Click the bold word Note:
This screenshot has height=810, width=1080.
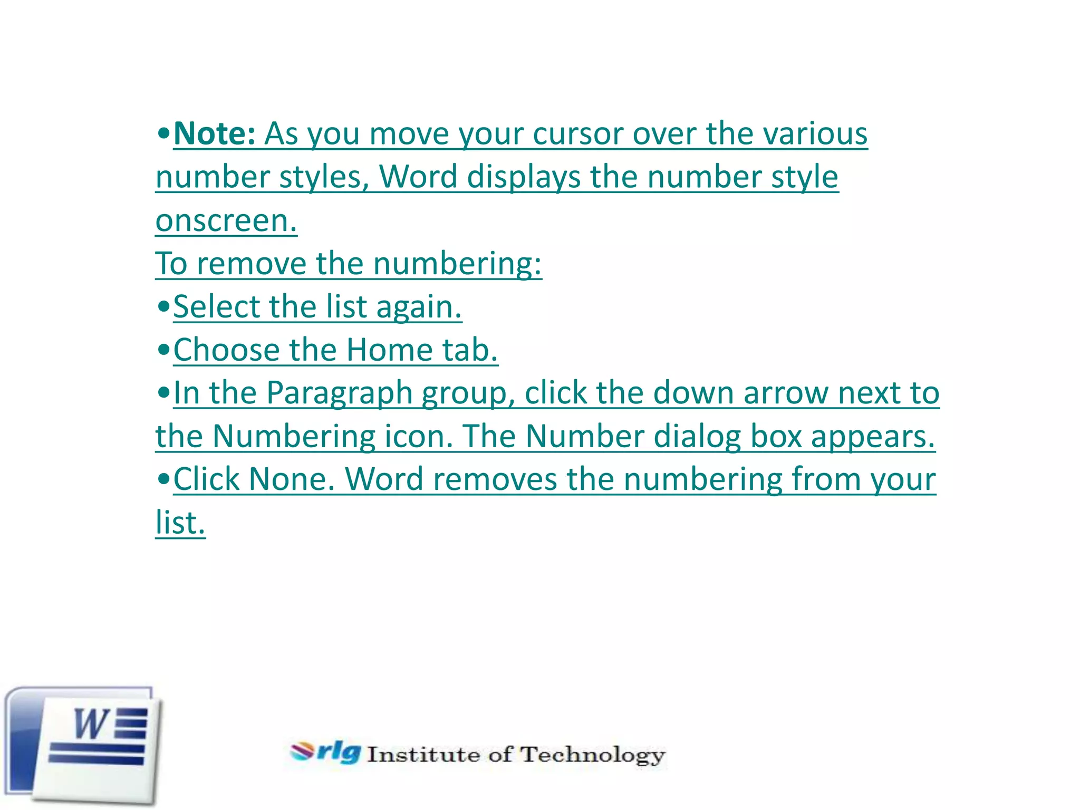(x=214, y=134)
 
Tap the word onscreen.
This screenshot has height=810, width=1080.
(x=226, y=220)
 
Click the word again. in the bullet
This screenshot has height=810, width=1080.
(x=419, y=307)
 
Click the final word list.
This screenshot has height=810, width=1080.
(x=180, y=523)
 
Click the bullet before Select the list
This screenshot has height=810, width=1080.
(x=164, y=306)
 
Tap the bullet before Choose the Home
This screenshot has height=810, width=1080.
(x=164, y=350)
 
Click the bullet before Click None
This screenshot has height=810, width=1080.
(x=164, y=479)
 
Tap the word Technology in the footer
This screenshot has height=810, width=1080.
(x=593, y=755)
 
